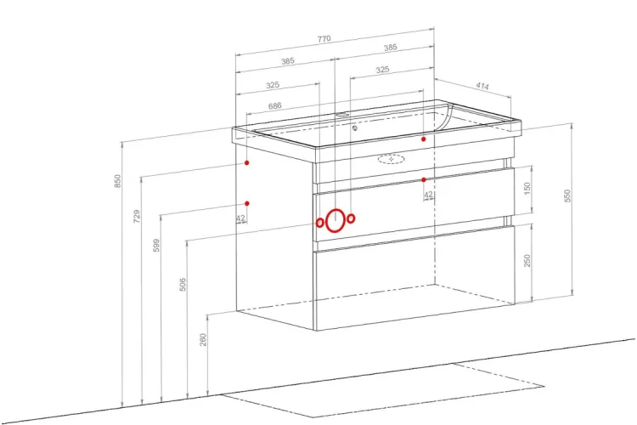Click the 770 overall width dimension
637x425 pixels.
(x=324, y=39)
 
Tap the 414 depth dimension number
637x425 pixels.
(x=482, y=86)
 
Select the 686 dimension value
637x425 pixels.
(x=274, y=105)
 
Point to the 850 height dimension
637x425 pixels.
(x=117, y=181)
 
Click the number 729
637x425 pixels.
(x=137, y=216)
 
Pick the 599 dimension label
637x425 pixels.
(x=156, y=246)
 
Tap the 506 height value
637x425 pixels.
(x=183, y=284)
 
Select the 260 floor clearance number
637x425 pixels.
(x=203, y=340)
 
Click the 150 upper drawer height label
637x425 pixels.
(x=527, y=189)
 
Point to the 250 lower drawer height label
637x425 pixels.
(x=527, y=260)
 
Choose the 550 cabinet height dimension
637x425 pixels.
(x=567, y=195)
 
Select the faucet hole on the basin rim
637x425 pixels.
(x=342, y=115)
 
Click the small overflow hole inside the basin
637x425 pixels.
(x=355, y=128)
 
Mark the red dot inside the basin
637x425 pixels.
(x=423, y=139)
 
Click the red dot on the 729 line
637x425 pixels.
(x=246, y=162)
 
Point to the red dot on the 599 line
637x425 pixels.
(x=246, y=203)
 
